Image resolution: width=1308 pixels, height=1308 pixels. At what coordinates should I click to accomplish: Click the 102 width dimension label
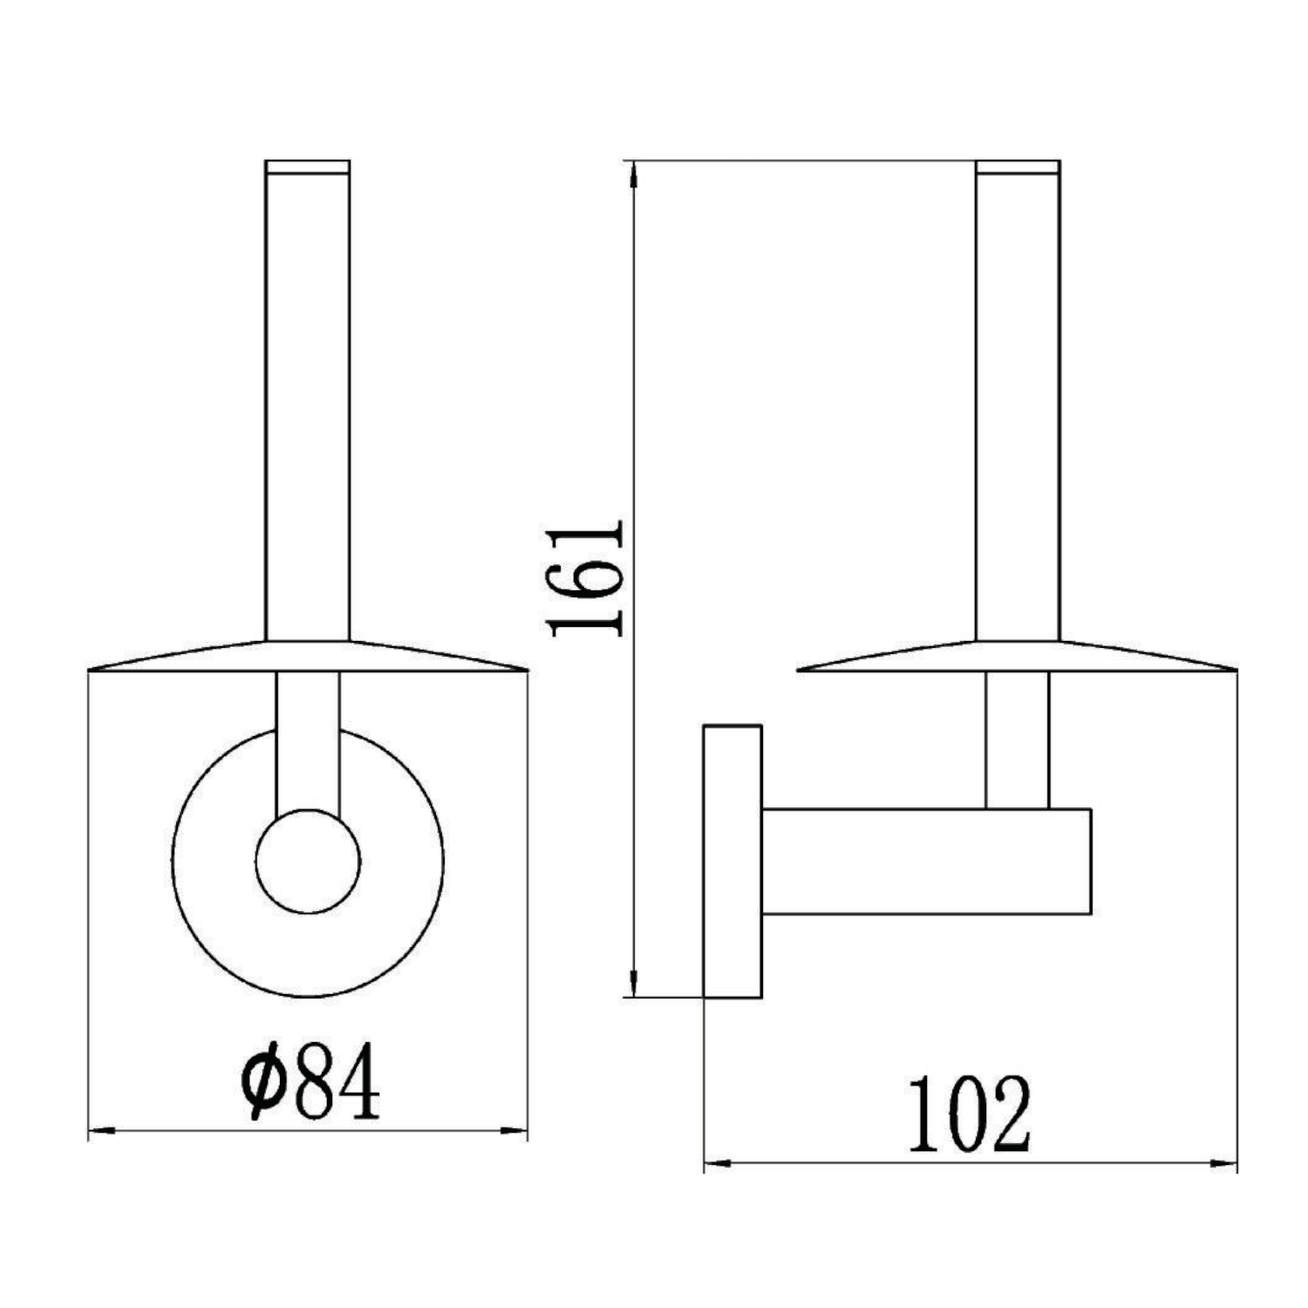pos(970,1116)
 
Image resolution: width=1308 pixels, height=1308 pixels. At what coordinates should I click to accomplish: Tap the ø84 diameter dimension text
pos(311,1081)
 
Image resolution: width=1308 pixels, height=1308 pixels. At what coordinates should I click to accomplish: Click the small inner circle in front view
pos(308,862)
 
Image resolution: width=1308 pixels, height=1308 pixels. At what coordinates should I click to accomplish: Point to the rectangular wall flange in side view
pos(732,861)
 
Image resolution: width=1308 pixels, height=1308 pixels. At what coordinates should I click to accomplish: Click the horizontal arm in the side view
pos(926,862)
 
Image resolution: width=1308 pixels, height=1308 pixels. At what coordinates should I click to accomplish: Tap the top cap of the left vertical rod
pos(307,167)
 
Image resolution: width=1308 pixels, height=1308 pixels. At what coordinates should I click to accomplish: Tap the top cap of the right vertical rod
pos(1018,167)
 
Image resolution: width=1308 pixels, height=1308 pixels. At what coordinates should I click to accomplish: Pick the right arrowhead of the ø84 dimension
pos(514,1132)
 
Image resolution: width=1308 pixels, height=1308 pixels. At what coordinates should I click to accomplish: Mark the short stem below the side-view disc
pos(1017,739)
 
